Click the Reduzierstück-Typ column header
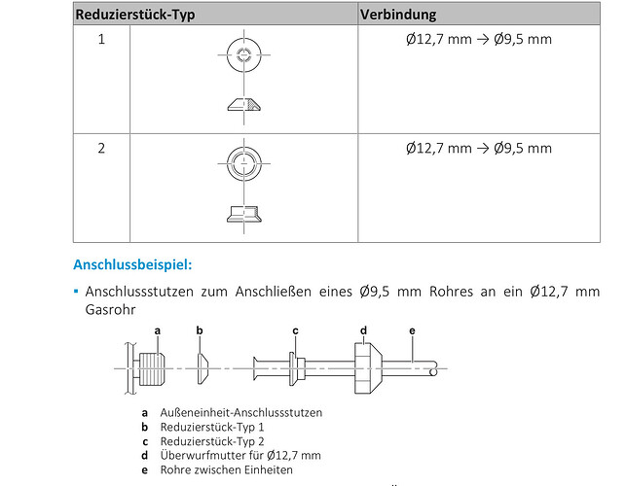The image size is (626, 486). click(x=135, y=15)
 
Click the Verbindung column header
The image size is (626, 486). click(x=398, y=15)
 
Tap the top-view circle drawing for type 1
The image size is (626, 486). click(x=244, y=54)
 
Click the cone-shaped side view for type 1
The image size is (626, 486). click(x=244, y=104)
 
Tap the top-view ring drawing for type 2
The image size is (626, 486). click(x=244, y=163)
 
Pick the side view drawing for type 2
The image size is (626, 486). click(x=244, y=214)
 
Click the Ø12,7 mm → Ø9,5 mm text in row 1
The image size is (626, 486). click(x=479, y=39)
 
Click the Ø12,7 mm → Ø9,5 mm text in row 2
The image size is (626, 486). click(x=479, y=149)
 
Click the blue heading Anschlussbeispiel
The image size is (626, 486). click(x=132, y=264)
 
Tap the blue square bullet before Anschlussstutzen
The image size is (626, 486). click(x=76, y=292)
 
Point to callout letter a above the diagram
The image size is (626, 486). click(x=158, y=330)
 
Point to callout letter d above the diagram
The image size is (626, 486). click(x=363, y=330)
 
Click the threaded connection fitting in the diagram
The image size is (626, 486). click(x=152, y=368)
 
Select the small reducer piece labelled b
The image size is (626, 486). click(x=203, y=368)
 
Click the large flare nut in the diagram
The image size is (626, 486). click(x=368, y=368)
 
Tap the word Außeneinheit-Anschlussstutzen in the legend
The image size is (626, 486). click(x=241, y=413)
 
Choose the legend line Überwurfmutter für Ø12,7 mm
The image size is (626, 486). click(x=240, y=455)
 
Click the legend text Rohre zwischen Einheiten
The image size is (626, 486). click(x=227, y=469)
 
